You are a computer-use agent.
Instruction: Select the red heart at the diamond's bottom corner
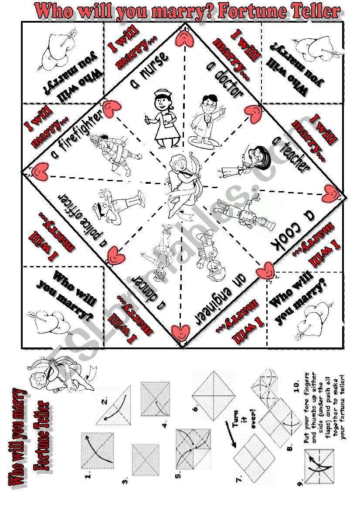click(x=181, y=332)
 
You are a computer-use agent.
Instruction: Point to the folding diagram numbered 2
click(x=113, y=405)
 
